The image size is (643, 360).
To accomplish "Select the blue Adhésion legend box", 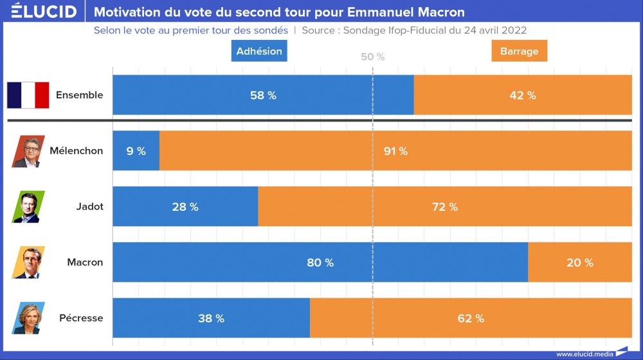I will point(259,51).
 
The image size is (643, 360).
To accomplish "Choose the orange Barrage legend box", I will point(519,51).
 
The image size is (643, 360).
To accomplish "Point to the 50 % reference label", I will point(372,57).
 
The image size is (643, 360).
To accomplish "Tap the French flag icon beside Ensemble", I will point(28,95).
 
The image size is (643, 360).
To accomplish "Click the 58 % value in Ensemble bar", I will point(263,95).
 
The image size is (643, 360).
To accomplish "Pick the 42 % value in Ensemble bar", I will point(522,95).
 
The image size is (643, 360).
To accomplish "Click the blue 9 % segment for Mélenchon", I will point(136,151).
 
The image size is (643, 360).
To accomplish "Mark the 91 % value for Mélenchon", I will point(395,151).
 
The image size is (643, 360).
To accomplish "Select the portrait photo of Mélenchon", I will point(28,151).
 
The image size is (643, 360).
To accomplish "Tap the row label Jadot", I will point(89,206).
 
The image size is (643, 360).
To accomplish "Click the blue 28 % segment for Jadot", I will point(185,206).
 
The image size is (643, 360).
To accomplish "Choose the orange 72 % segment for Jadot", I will point(444,206).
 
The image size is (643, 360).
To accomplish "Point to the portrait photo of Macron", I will point(28,262).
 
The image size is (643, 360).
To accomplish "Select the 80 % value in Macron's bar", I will point(320,262).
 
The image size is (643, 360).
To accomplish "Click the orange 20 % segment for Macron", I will point(580,262).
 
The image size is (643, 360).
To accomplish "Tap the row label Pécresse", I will point(81,318).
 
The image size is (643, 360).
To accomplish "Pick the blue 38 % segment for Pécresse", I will point(211,318).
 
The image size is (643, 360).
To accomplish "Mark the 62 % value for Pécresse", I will point(471,318).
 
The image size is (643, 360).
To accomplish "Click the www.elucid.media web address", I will point(584,353).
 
